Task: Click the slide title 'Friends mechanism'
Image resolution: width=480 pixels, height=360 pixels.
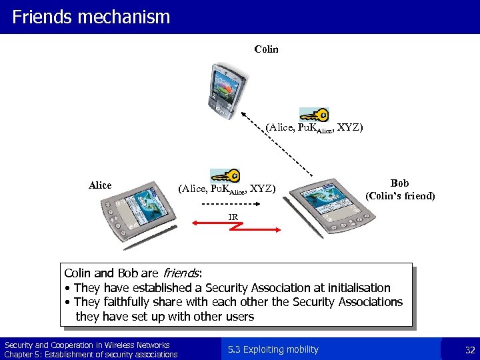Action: coord(91,17)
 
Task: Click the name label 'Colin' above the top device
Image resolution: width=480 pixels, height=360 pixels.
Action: coord(266,49)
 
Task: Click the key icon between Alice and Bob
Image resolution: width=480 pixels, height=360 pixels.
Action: coord(225,176)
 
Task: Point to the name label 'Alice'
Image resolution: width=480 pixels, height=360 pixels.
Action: coord(100,185)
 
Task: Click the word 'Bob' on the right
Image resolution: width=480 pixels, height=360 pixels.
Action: coord(400,183)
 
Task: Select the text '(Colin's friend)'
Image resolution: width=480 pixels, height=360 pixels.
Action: coord(400,196)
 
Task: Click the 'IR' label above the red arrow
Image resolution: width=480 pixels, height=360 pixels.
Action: coord(233,217)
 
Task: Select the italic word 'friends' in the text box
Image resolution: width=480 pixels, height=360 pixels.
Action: coord(181,273)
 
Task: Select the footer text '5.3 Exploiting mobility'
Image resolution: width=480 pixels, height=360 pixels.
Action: coord(273,349)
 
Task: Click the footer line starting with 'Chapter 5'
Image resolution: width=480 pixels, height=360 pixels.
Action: coord(91,354)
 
